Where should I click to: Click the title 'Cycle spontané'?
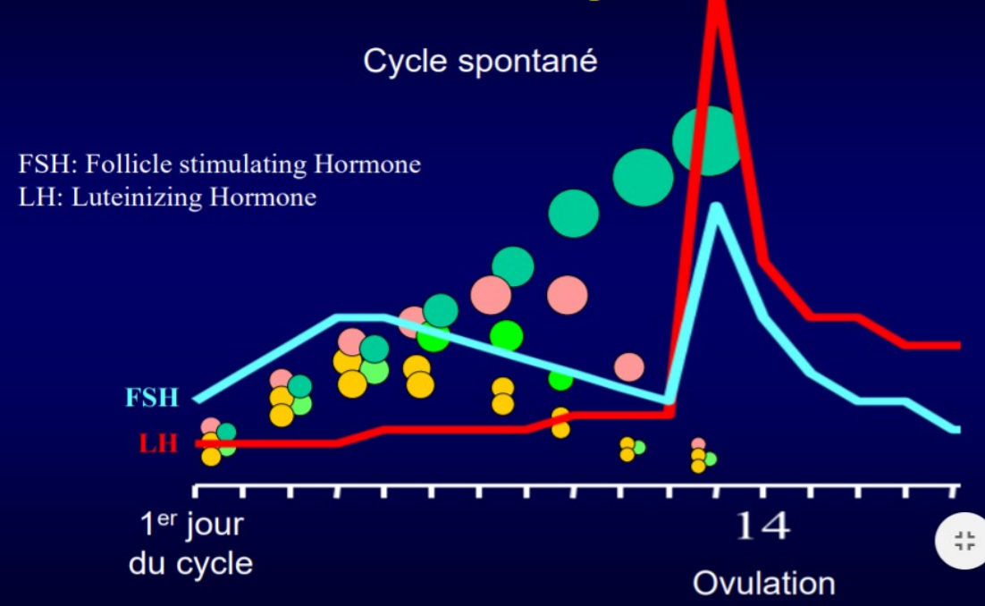click(480, 62)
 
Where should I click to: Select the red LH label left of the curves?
click(158, 442)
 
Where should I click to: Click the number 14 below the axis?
click(762, 526)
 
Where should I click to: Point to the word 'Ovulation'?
click(763, 583)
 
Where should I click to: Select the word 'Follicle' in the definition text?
click(121, 164)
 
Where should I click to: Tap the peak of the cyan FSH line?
click(716, 207)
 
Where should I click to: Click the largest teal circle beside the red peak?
click(706, 140)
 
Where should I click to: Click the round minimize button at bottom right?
click(964, 540)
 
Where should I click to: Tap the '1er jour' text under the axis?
click(191, 525)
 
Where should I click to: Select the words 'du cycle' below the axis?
click(190, 564)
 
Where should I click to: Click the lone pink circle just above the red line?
click(629, 366)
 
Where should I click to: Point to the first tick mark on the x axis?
click(197, 491)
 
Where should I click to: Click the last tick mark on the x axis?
click(954, 491)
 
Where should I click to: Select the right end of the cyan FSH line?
click(956, 430)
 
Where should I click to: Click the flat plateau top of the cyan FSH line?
click(360, 316)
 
